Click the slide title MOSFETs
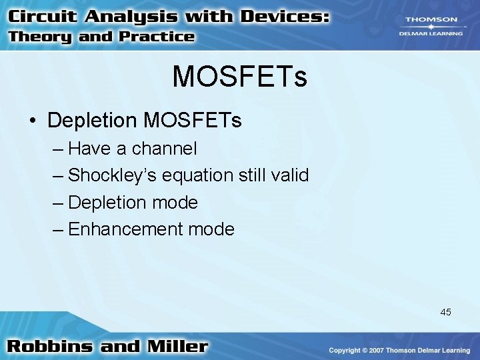coord(239,77)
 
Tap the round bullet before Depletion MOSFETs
coord(33,121)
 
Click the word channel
coord(165,148)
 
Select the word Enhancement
coord(126,229)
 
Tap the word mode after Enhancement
coord(211,229)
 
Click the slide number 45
coord(445,312)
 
